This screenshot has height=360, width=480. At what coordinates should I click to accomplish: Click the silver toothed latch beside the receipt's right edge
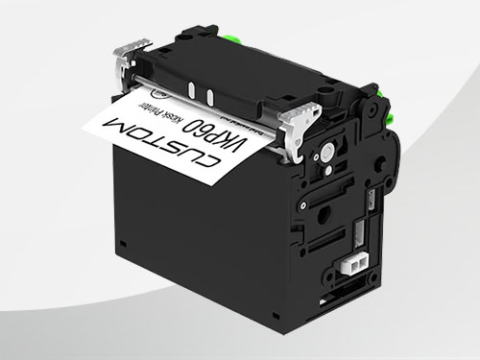(297, 127)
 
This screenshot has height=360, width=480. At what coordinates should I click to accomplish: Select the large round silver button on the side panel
(326, 152)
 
